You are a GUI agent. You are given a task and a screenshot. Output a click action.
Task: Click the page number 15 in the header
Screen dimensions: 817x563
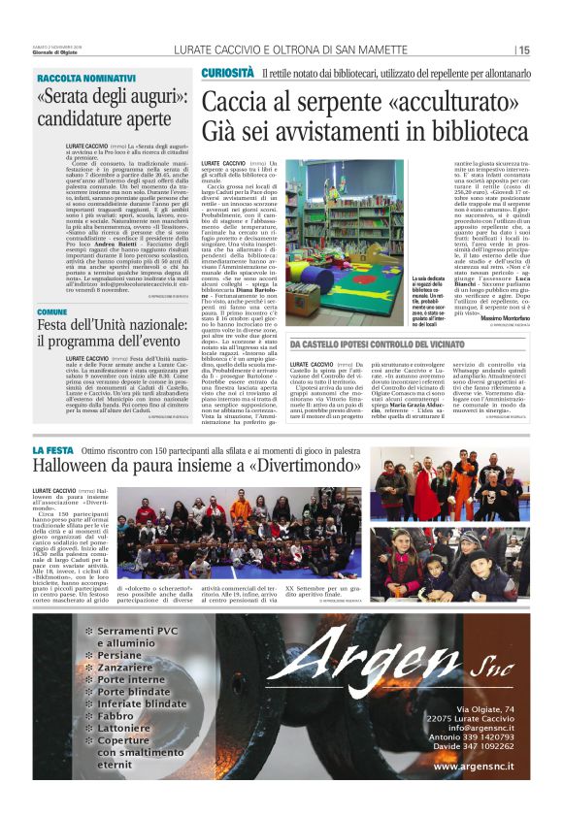[523, 50]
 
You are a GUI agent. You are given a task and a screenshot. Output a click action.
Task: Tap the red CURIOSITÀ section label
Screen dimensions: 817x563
[228, 73]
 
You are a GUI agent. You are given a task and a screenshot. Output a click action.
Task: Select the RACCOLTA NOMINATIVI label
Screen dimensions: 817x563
[86, 78]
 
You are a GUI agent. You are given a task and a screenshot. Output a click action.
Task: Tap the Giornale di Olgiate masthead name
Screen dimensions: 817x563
[60, 53]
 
